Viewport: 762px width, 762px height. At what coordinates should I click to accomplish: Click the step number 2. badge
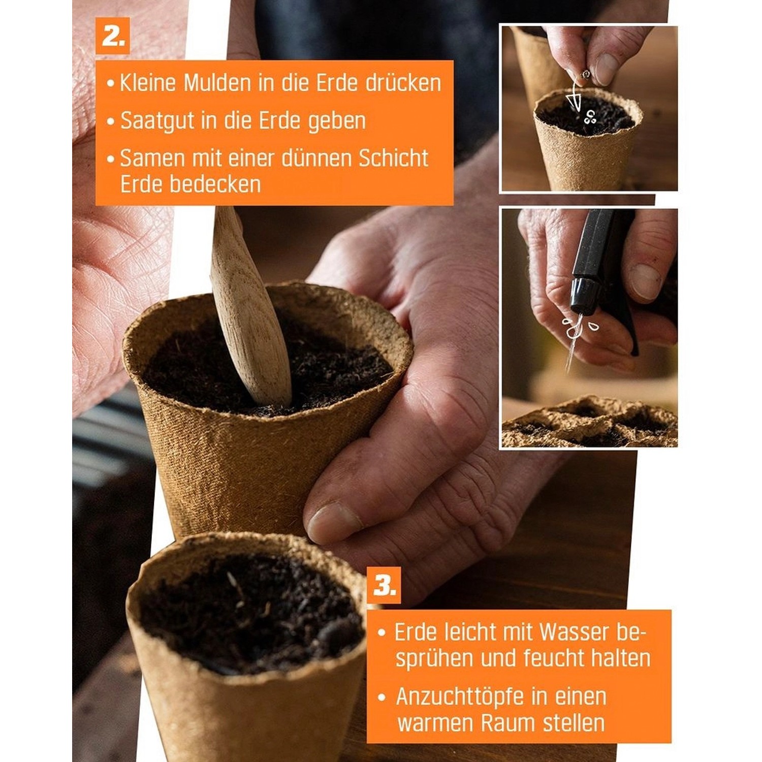click(x=112, y=36)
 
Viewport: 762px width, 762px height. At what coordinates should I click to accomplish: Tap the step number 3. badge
click(x=384, y=586)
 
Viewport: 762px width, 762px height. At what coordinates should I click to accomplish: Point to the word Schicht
click(x=393, y=158)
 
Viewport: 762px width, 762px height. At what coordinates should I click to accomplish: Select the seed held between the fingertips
click(x=586, y=75)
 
